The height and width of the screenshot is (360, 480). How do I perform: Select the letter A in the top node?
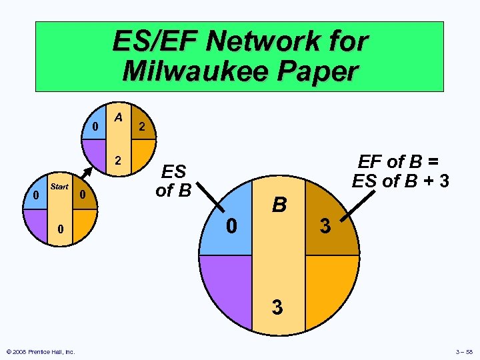pos(118,118)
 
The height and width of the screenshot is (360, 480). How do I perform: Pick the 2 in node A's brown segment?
pos(141,127)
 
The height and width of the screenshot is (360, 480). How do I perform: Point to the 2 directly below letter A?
pos(118,161)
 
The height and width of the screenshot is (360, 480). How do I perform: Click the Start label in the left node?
pos(59,187)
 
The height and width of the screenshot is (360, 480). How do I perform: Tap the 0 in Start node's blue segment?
pos(35,195)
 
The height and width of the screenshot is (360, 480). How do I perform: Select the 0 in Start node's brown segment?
pos(81,195)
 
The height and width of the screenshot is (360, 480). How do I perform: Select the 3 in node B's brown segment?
pos(325,227)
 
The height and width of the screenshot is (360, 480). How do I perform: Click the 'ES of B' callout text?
pos(173,181)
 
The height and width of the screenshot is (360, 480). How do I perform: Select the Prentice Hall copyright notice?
pos(41,352)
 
